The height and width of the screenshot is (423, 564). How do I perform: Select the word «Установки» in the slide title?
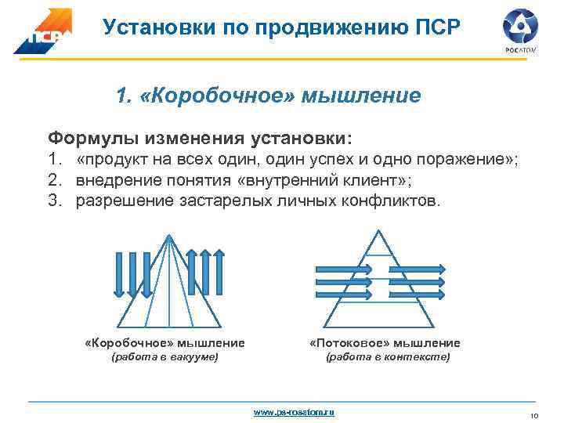[x=156, y=27]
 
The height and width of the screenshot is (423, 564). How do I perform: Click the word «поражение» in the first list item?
[x=462, y=161]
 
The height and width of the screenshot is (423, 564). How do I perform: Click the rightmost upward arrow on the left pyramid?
[x=222, y=273]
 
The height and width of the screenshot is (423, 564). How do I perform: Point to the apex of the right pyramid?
[x=378, y=230]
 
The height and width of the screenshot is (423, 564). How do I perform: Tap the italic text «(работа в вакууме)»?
[x=165, y=357]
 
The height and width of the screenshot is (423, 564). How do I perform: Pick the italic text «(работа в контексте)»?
[x=388, y=357]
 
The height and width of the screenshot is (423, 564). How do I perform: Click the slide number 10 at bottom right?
[x=536, y=414]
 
